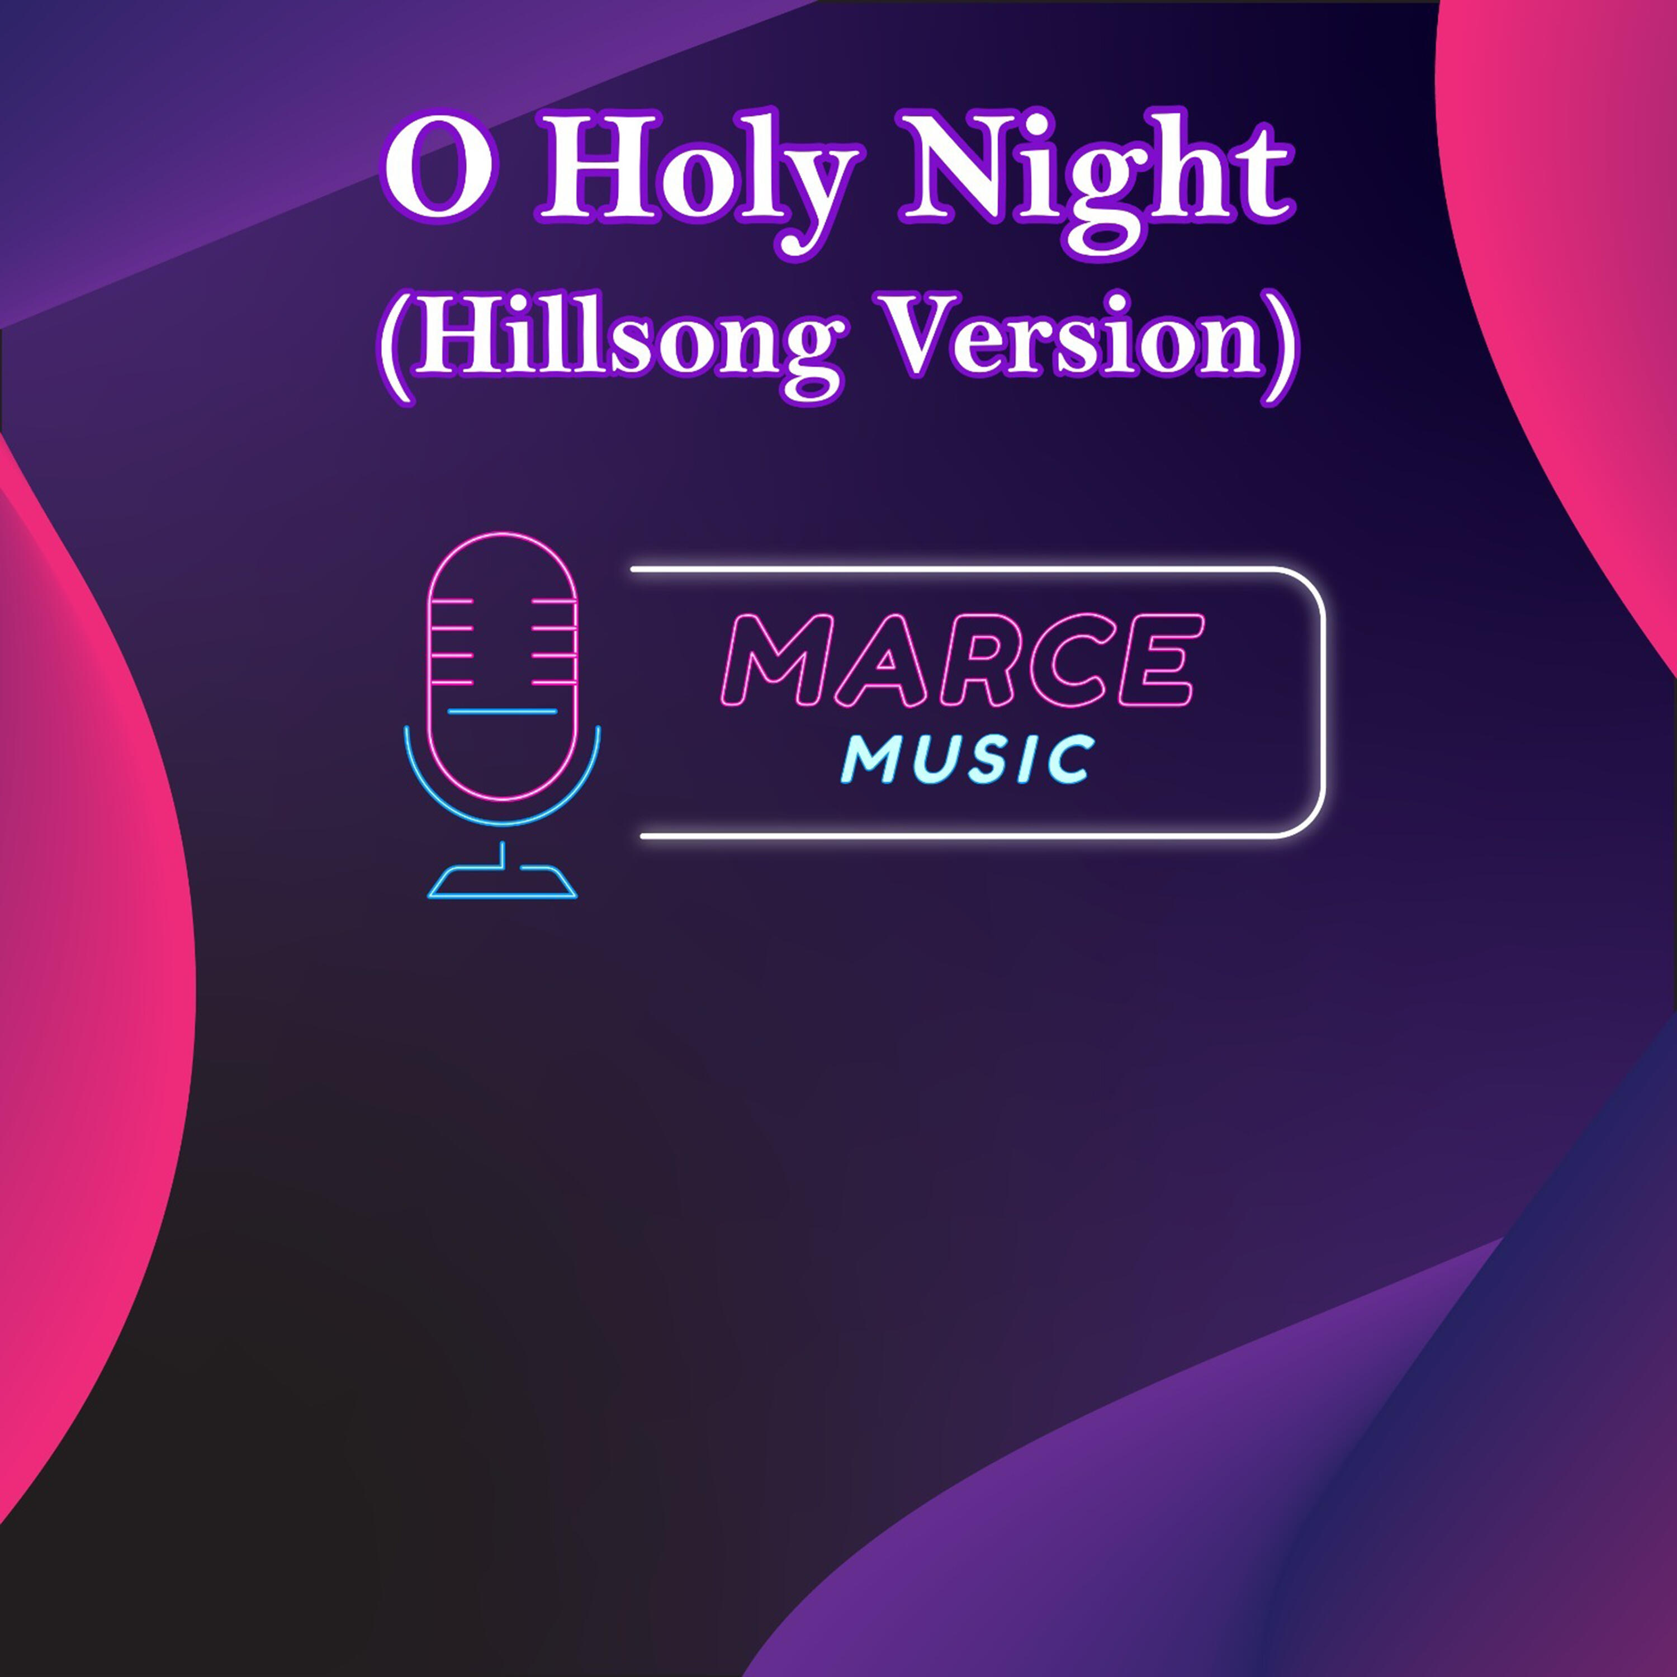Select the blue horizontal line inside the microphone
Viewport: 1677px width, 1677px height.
503,712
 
